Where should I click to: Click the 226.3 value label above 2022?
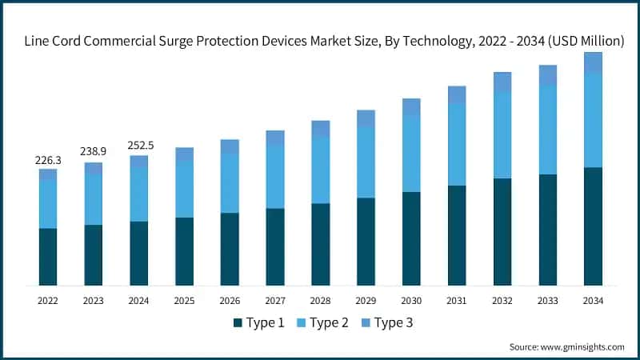pyautogui.click(x=48, y=160)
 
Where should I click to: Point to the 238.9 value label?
pyautogui.click(x=94, y=152)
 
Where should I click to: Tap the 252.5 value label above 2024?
pyautogui.click(x=139, y=146)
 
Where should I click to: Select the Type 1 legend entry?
pyautogui.click(x=259, y=322)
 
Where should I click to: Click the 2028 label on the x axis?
pyautogui.click(x=321, y=301)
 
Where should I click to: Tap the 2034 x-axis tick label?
pyautogui.click(x=593, y=301)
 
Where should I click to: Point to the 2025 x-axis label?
pyautogui.click(x=185, y=301)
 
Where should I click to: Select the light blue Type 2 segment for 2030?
pyautogui.click(x=411, y=154)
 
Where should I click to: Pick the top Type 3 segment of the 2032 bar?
pyautogui.click(x=502, y=82)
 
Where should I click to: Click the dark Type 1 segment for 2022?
pyautogui.click(x=48, y=257)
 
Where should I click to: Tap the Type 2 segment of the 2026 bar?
pyautogui.click(x=230, y=183)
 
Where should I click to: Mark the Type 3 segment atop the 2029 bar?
pyautogui.click(x=366, y=118)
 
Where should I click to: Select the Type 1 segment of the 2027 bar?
pyautogui.click(x=275, y=246)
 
